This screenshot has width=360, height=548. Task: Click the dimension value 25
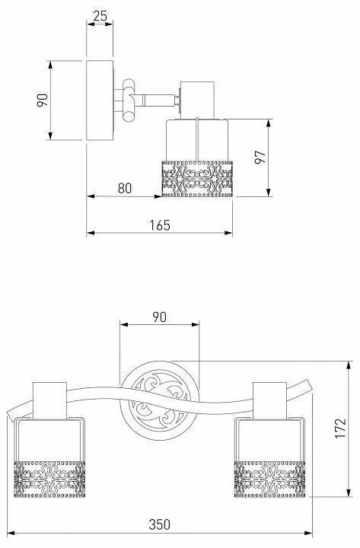pos(100,16)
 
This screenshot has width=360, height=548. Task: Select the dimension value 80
pos(125,188)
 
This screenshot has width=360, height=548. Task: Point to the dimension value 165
pos(160,225)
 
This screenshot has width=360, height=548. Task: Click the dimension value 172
pos(340,428)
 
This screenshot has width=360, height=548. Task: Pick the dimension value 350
pos(160,524)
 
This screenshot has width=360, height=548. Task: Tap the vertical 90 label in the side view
pos(43,100)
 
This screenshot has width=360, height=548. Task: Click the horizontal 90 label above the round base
pos(159,317)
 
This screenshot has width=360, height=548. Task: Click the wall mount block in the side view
pos(100,100)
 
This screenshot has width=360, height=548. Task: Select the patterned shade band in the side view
pos(197,179)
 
